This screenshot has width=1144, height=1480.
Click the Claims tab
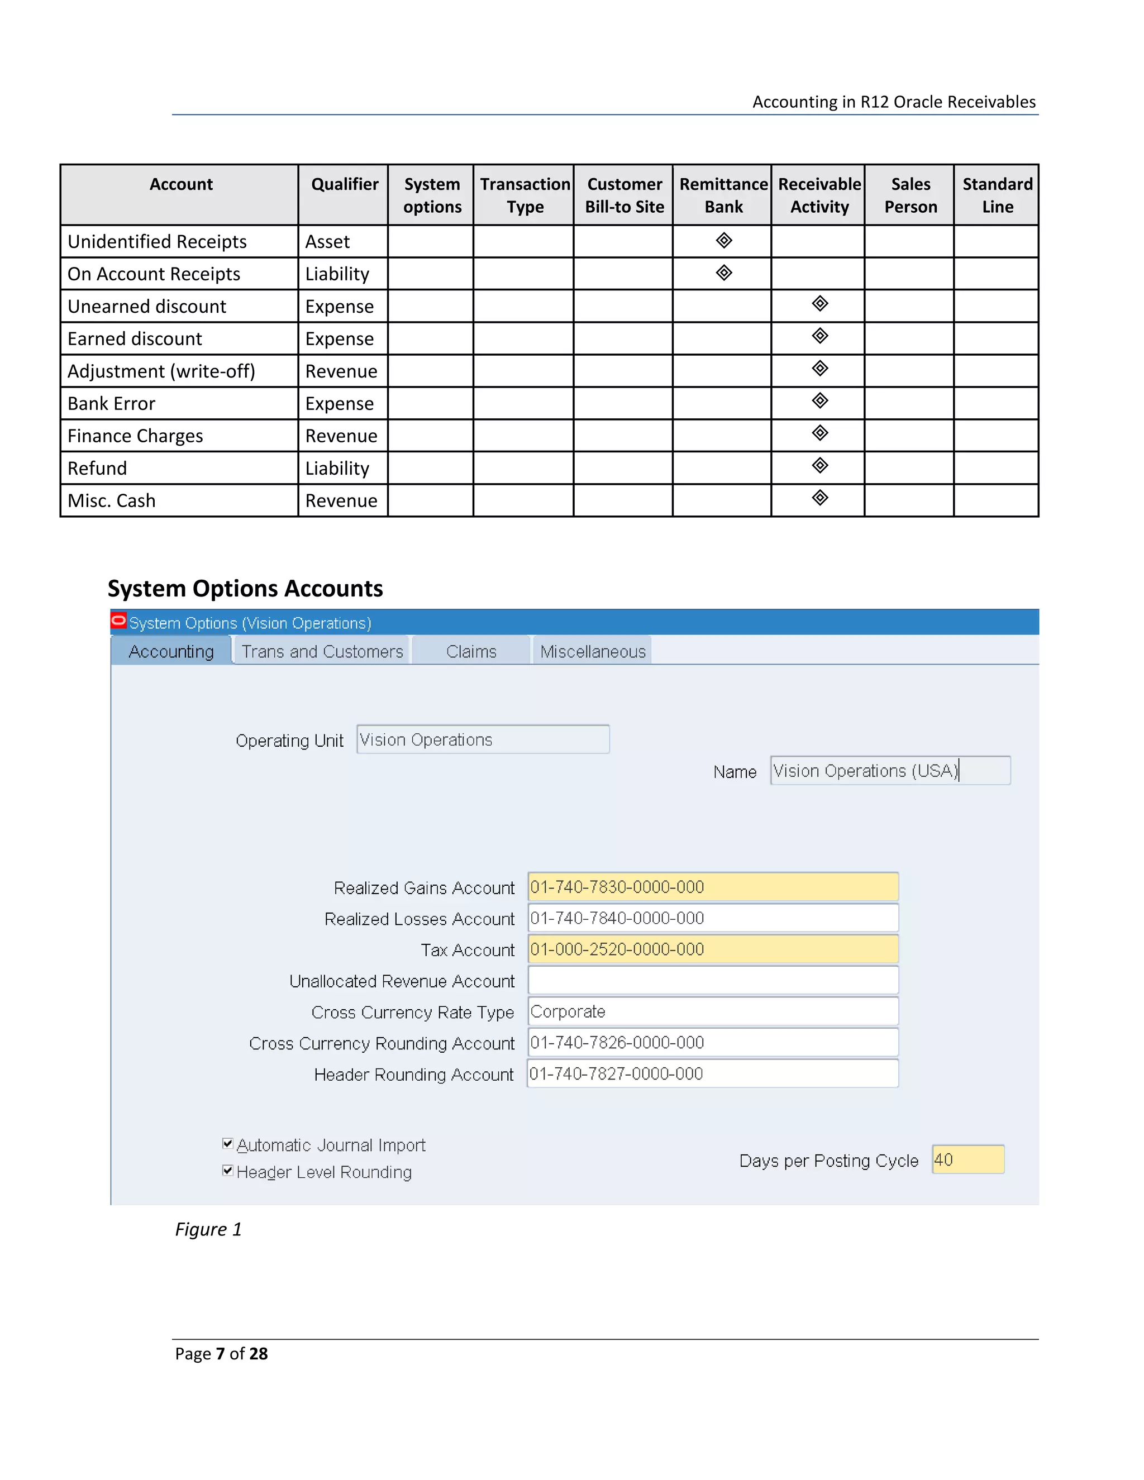pyautogui.click(x=471, y=651)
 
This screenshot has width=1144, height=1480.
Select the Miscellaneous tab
pyautogui.click(x=592, y=651)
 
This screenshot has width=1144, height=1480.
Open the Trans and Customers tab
pyautogui.click(x=322, y=651)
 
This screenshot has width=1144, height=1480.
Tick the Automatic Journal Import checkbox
pyautogui.click(x=228, y=1144)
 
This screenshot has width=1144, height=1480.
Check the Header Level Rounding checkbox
pyautogui.click(x=228, y=1170)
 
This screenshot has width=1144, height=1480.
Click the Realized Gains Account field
pyautogui.click(x=712, y=887)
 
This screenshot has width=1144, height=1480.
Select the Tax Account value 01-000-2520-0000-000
pyautogui.click(x=617, y=949)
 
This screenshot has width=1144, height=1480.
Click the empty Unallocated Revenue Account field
pyautogui.click(x=712, y=981)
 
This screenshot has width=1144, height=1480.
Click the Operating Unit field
pyautogui.click(x=483, y=739)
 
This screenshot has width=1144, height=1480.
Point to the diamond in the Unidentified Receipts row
pyautogui.click(x=724, y=241)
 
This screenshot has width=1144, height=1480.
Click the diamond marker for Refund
pyautogui.click(x=820, y=466)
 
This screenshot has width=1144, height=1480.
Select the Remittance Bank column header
pyautogui.click(x=723, y=195)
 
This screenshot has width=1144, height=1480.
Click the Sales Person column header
pyautogui.click(x=910, y=195)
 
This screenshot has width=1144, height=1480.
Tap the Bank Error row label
pyautogui.click(x=112, y=404)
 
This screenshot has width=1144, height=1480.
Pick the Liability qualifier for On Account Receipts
pyautogui.click(x=337, y=274)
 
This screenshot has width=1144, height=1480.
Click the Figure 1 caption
pyautogui.click(x=208, y=1229)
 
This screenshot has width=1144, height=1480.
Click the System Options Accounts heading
pyautogui.click(x=245, y=588)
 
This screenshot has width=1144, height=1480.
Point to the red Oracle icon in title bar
pyautogui.click(x=118, y=620)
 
